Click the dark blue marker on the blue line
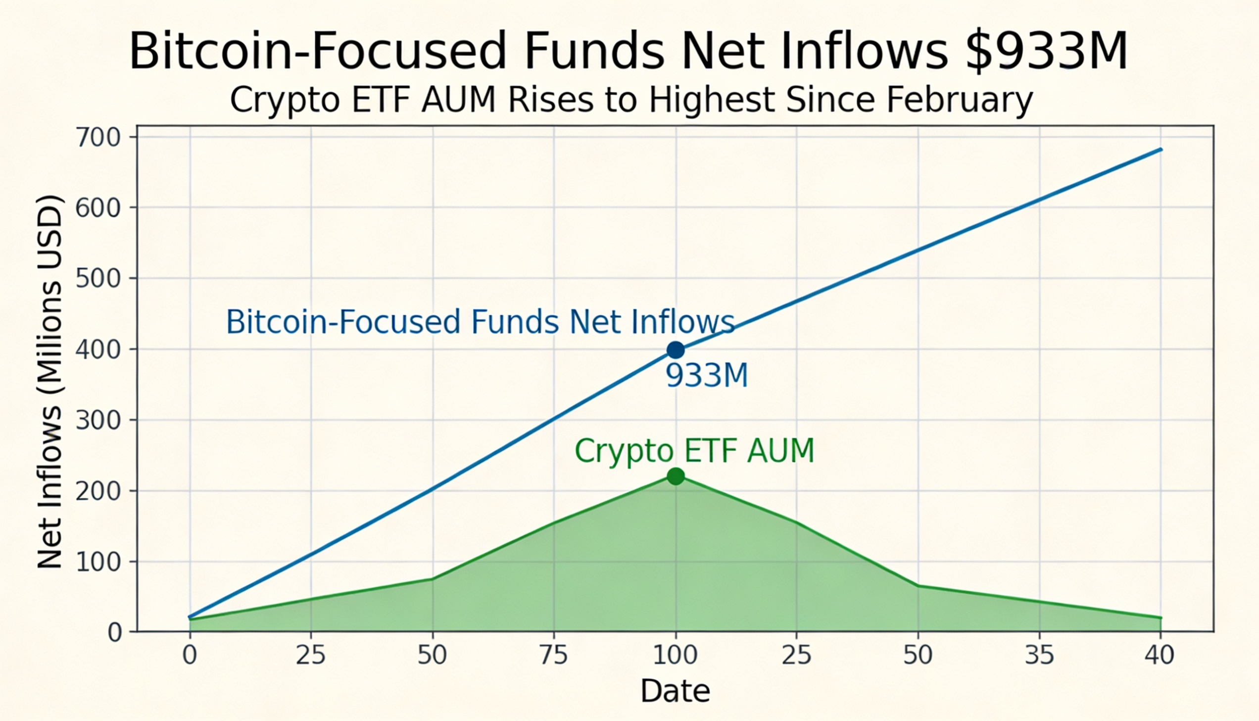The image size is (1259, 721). click(676, 350)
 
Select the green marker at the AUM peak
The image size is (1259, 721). click(676, 476)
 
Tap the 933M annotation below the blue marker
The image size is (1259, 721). click(706, 376)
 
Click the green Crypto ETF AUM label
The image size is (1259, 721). click(694, 451)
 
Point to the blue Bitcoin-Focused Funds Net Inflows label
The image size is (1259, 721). click(480, 322)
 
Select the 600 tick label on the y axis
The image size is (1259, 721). click(98, 208)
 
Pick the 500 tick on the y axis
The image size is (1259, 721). click(98, 279)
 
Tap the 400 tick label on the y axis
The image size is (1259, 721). click(98, 350)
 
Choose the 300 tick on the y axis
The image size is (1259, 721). click(98, 420)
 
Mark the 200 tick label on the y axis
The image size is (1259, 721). click(98, 491)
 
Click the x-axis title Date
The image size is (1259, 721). click(676, 691)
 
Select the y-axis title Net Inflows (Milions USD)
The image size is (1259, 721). click(50, 381)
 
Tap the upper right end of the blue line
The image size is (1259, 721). click(1161, 149)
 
